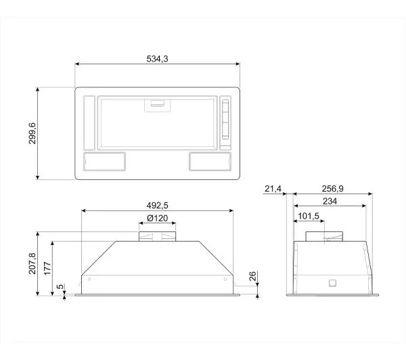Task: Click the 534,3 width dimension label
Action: pos(157,59)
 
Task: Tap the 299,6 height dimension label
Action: pos(32,133)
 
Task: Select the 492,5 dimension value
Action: pos(157,206)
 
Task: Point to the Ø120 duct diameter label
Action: pos(157,219)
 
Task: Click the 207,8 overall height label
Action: pos(32,264)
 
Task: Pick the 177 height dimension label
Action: pos(47,269)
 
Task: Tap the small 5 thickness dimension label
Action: pos(60,287)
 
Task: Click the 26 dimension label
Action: pos(252,276)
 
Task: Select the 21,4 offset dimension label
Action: pos(273,189)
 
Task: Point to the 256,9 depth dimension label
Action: pos(332,189)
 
